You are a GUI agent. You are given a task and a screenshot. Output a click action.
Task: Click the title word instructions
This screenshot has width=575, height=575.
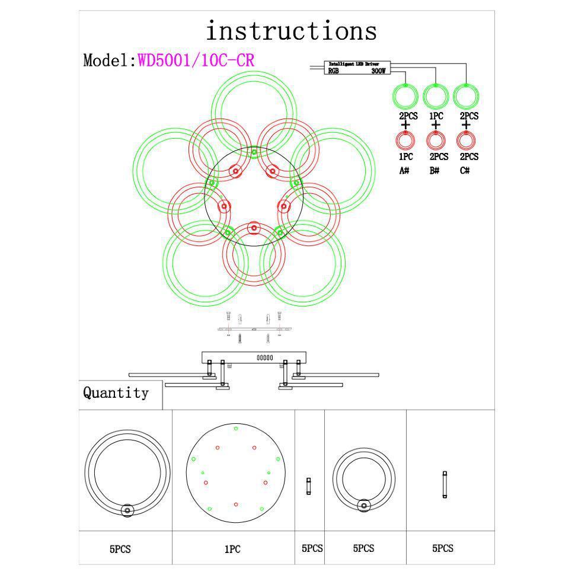pos(291,30)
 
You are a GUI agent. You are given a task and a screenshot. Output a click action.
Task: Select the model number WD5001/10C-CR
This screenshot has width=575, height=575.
pos(196,60)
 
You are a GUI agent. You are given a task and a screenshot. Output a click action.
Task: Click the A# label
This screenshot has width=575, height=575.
pos(405,171)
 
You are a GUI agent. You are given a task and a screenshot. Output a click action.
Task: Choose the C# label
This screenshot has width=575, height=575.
pos(465,171)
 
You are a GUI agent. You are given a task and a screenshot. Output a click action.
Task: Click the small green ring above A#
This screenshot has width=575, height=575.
pos(405,95)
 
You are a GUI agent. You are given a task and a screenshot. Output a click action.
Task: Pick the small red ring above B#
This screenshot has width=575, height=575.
pos(436,140)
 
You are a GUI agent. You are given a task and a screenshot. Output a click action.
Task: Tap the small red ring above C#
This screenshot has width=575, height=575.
pos(466,140)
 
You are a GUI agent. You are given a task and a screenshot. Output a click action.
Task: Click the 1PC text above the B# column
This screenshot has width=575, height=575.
pos(436,116)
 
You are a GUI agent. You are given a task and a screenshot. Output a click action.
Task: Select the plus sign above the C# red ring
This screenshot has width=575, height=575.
pos(466,125)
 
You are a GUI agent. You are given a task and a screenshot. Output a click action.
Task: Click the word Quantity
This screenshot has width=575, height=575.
pos(116,393)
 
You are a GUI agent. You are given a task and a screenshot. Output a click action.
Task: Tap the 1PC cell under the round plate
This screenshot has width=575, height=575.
pos(232,550)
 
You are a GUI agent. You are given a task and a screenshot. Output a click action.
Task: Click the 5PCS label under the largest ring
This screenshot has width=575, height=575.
pos(120,550)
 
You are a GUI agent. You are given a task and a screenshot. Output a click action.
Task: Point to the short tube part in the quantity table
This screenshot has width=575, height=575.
pos(308,487)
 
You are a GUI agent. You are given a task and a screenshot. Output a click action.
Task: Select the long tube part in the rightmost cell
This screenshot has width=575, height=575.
pos(445,484)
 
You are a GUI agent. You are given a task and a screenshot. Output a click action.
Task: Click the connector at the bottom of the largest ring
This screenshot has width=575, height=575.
pos(126,510)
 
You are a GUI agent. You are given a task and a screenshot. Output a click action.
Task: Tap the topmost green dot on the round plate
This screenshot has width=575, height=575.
pos(236,428)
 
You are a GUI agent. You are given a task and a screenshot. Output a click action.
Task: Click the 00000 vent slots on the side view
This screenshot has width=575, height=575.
pos(264,357)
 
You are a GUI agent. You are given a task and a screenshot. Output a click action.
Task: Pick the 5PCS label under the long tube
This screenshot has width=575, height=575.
pos(442,549)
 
